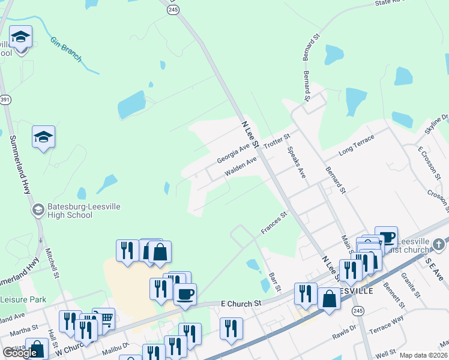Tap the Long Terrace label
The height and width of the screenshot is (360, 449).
coord(356,143)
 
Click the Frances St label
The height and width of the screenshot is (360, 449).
coord(274,222)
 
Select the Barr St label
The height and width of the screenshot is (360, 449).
coord(275,280)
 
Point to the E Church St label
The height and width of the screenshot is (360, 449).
coord(240,304)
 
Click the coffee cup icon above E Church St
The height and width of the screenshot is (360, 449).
coord(185,295)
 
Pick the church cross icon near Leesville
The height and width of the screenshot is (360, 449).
coord(439,244)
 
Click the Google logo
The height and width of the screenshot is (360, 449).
coord(20,353)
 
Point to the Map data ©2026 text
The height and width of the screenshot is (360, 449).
coord(423,355)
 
